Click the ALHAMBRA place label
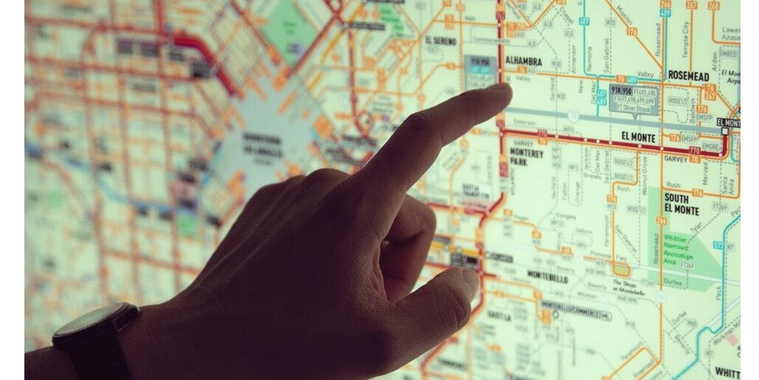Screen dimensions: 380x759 (x=523, y=61)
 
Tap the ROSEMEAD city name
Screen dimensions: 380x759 (x=688, y=75)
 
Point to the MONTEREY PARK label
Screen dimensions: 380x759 (x=527, y=157)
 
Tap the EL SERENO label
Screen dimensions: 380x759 (x=441, y=41)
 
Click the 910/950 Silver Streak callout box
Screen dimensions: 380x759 (x=633, y=98)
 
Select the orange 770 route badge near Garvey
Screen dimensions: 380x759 (x=694, y=151)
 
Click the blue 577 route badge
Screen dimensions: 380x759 (x=718, y=245)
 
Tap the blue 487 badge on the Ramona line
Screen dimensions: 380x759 (x=584, y=21)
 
